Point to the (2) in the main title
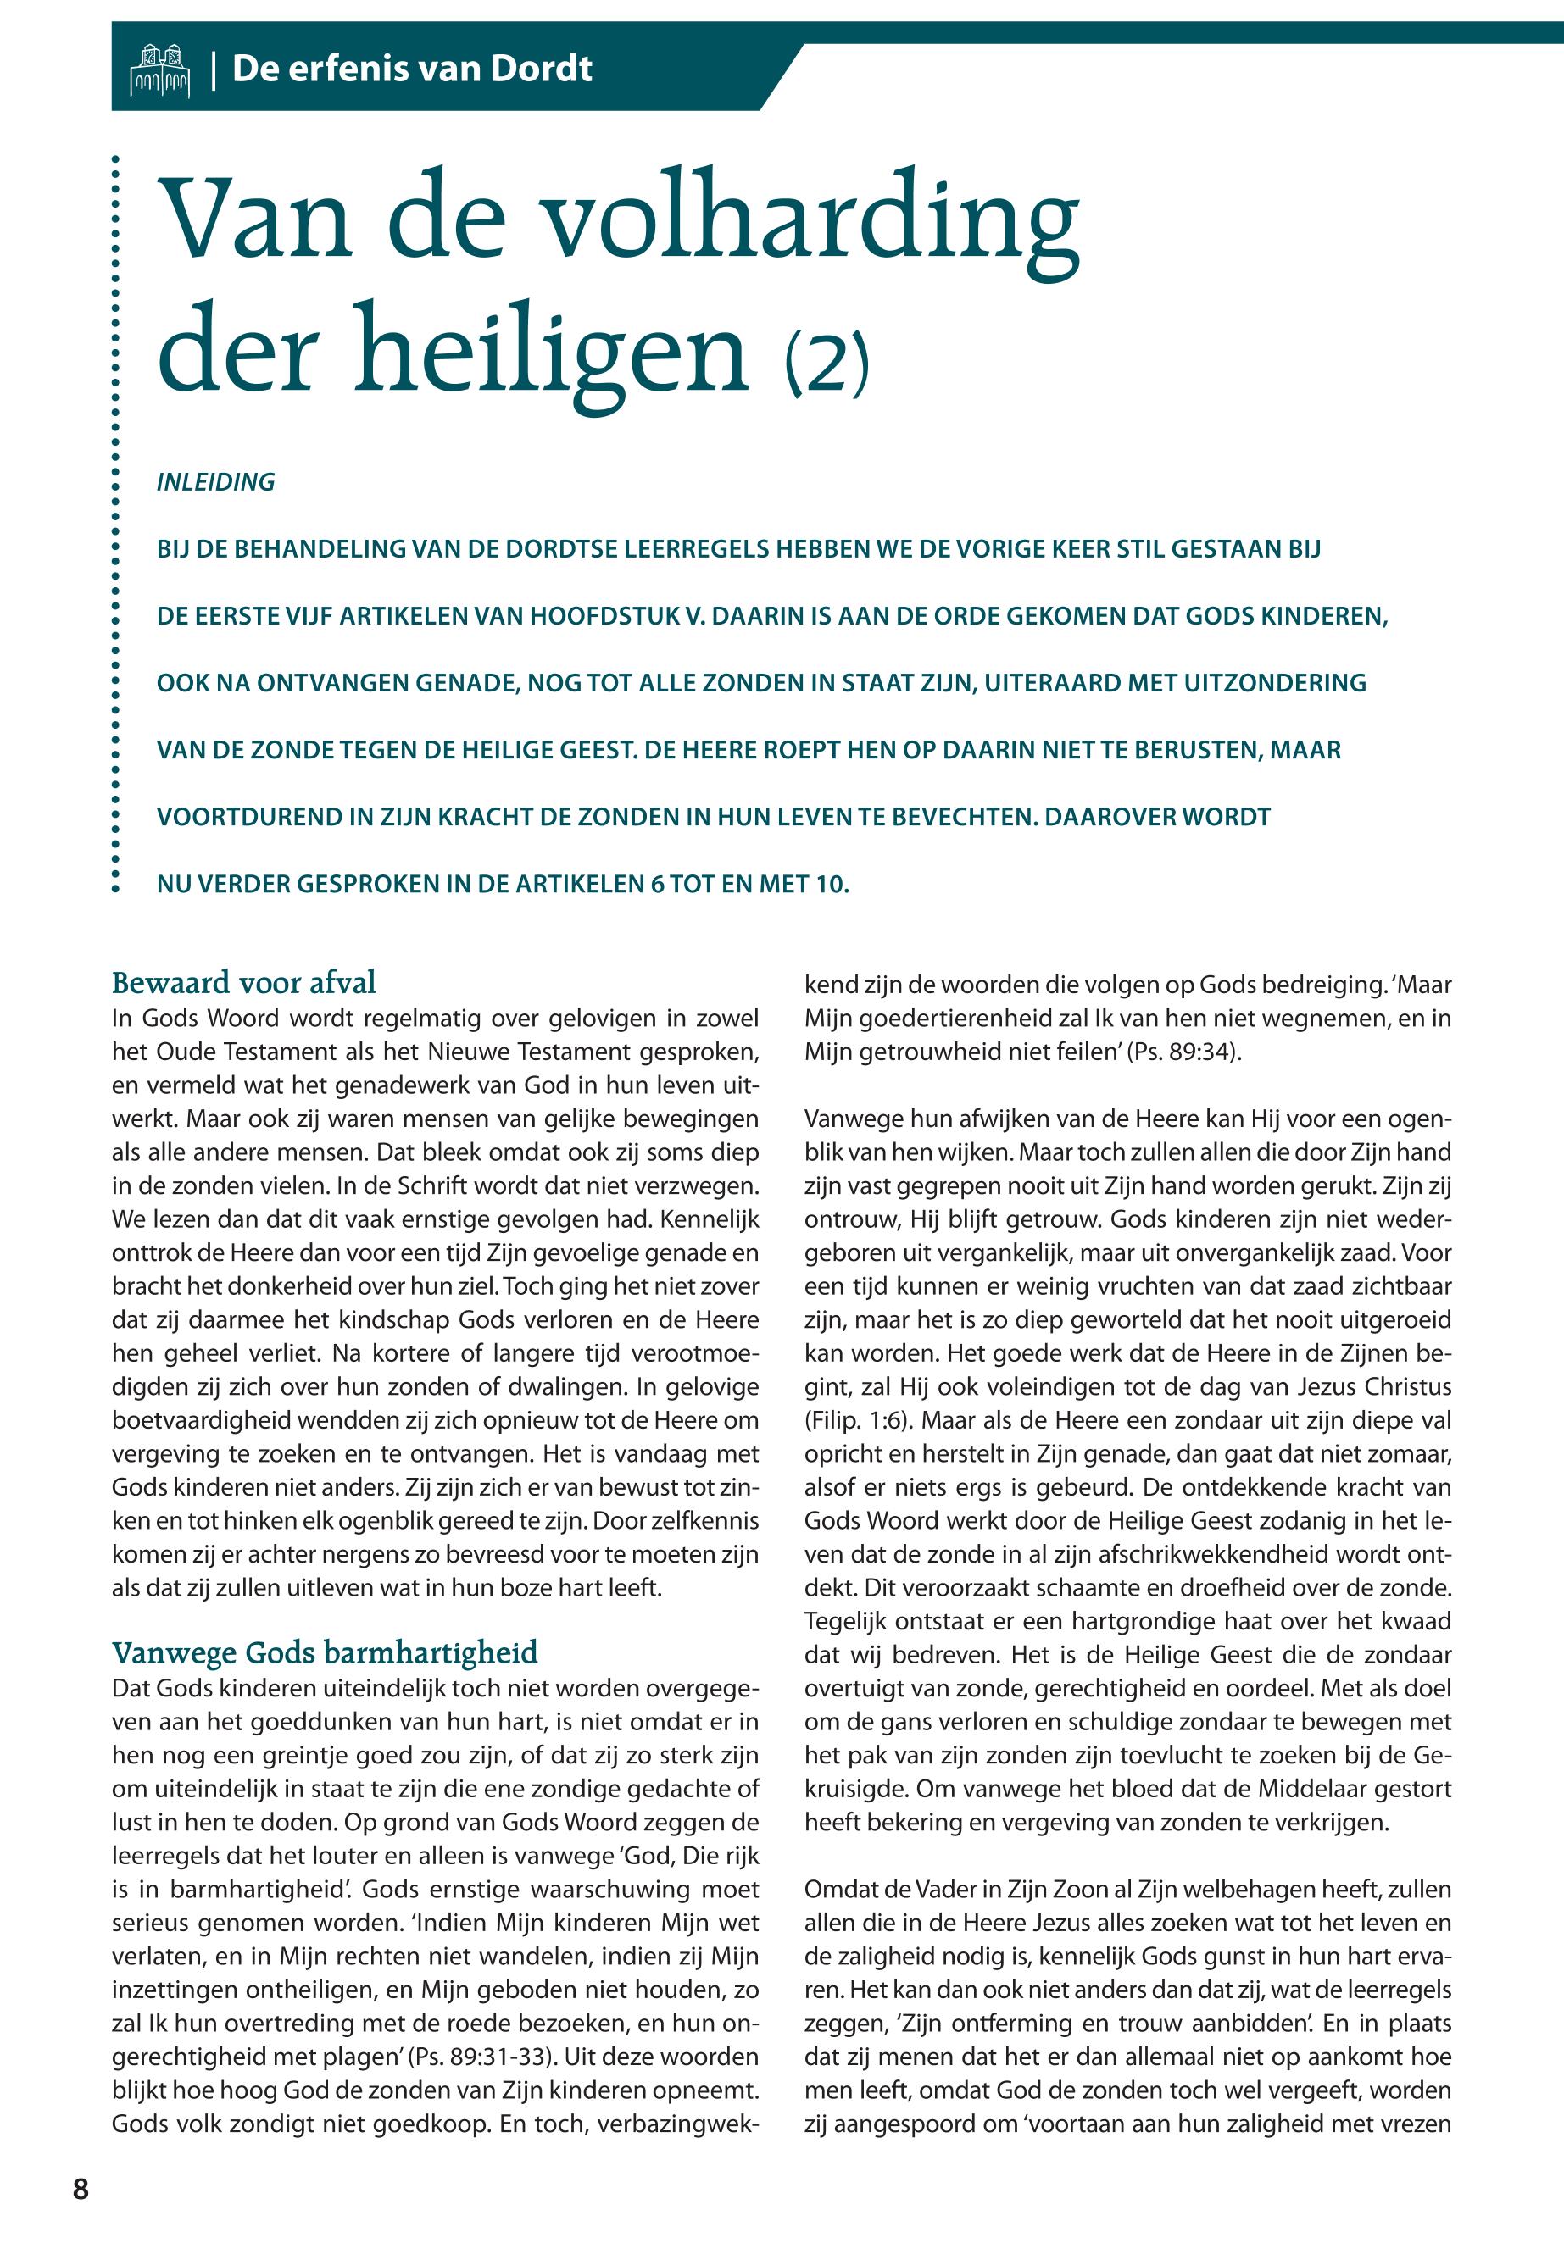[827, 363]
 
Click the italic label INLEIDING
[215, 482]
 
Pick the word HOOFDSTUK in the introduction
[604, 616]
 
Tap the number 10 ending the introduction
[829, 885]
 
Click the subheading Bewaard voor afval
[244, 982]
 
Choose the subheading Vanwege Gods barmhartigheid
[325, 1652]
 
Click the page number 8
[81, 2189]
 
